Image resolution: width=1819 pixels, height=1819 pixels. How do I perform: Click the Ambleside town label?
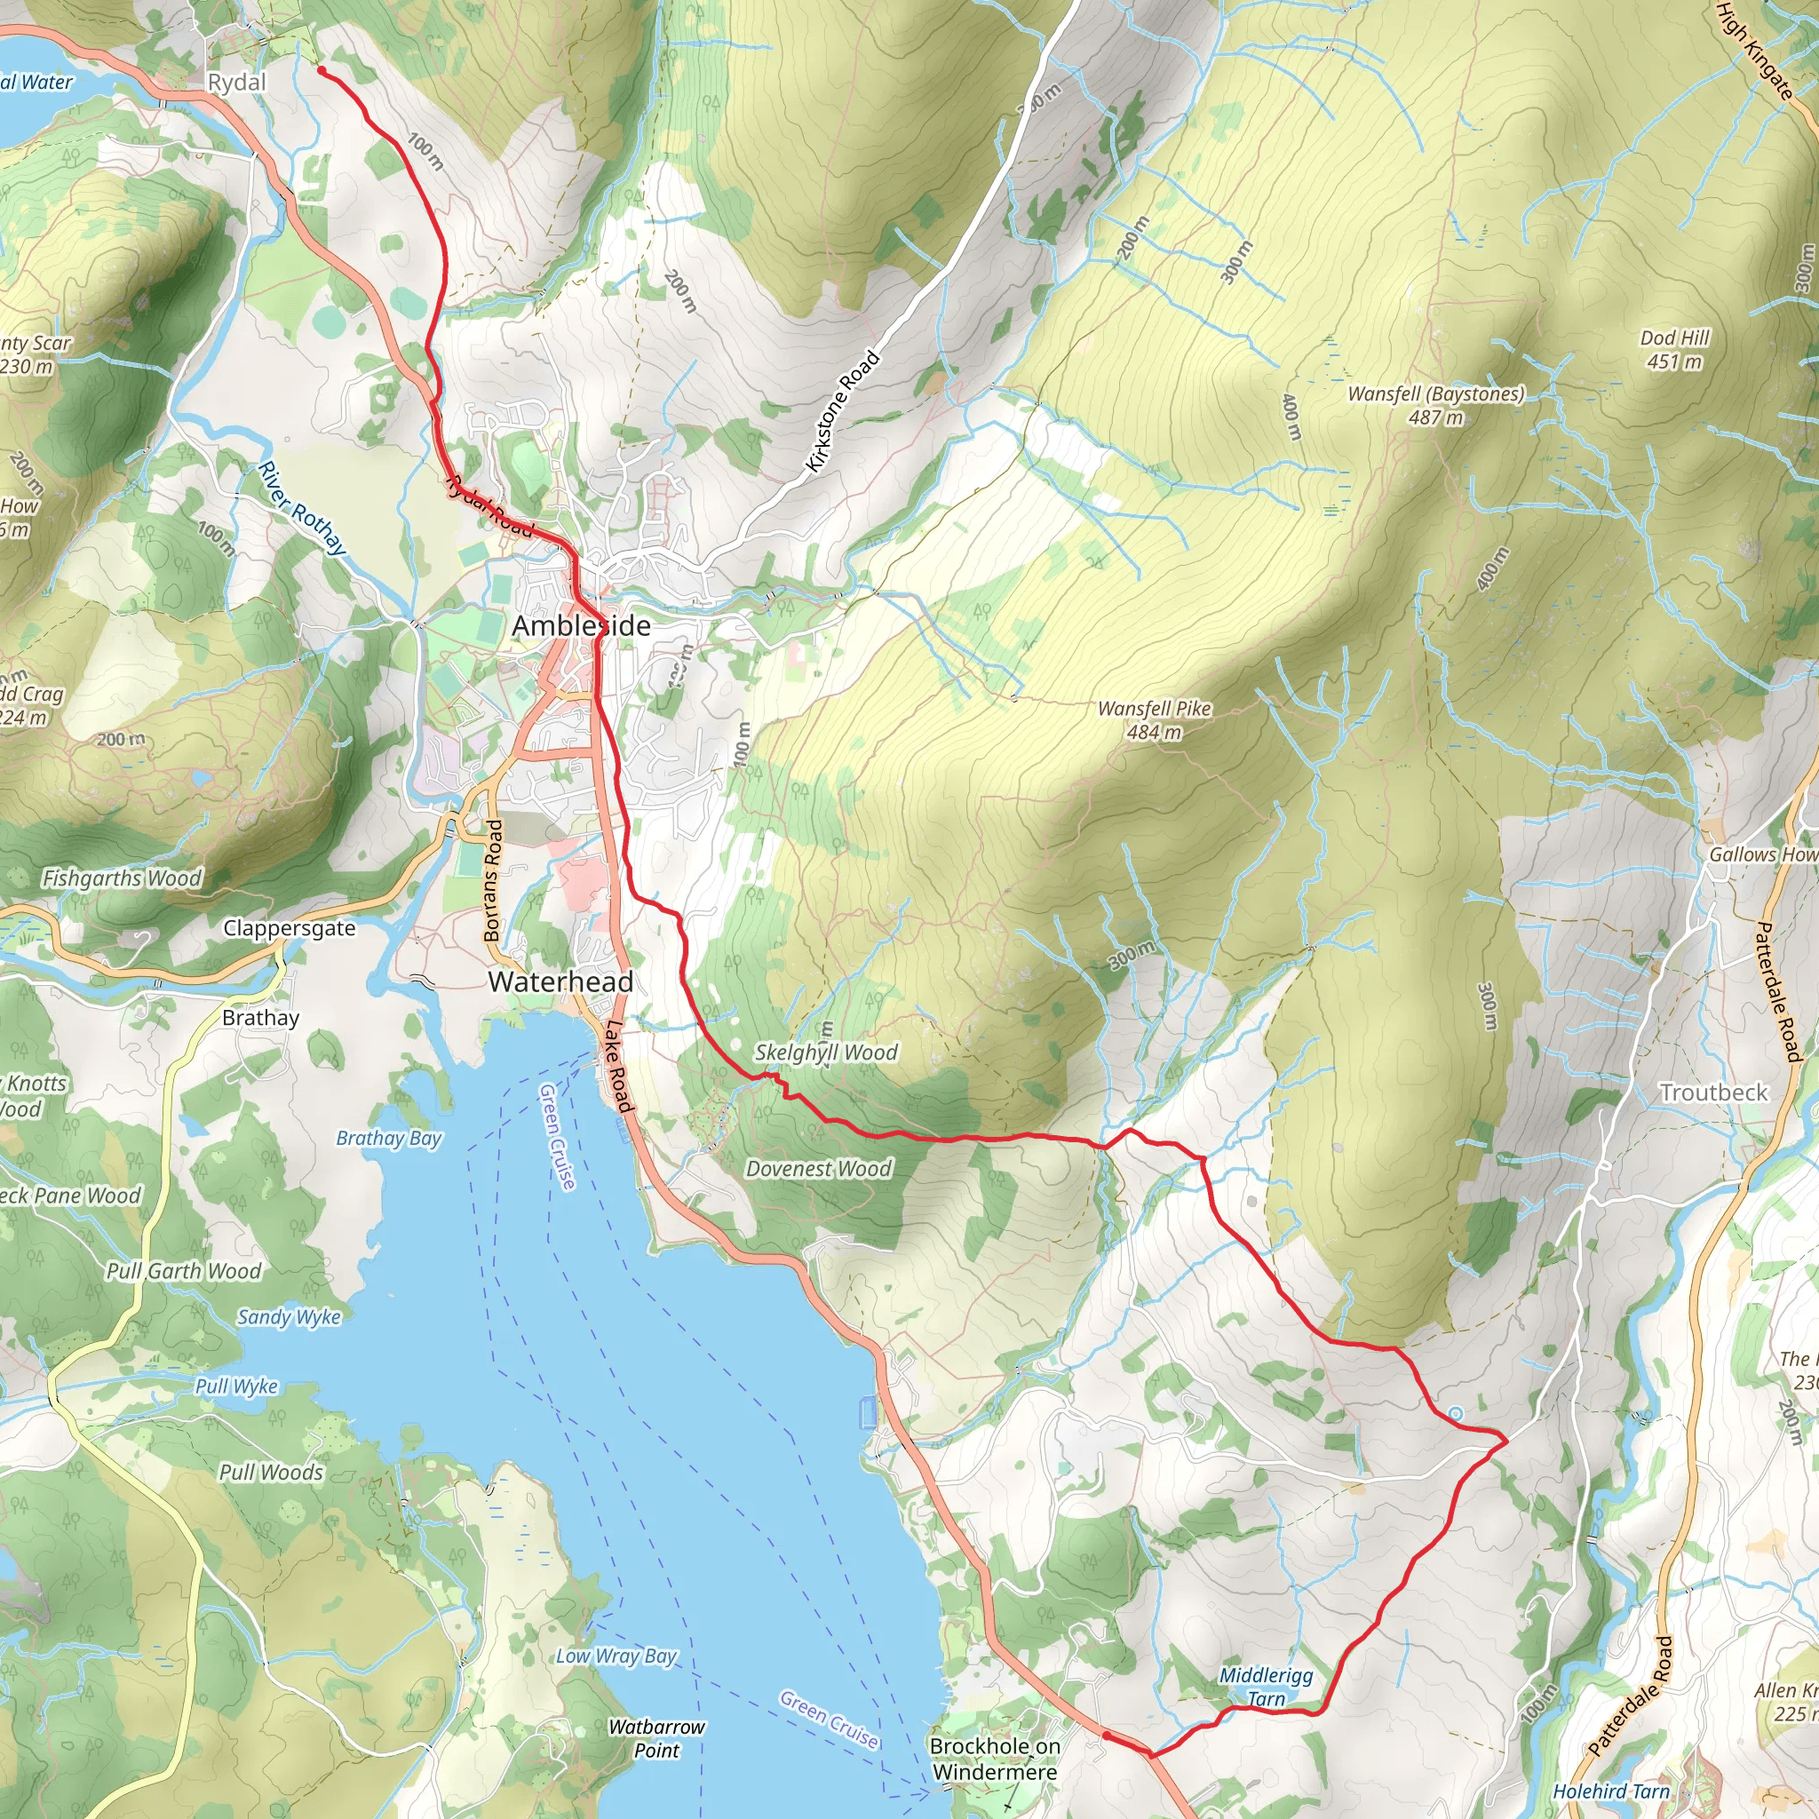[x=581, y=626]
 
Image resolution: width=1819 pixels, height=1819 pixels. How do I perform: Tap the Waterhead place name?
[x=560, y=982]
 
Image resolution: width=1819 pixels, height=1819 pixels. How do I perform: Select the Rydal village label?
[x=236, y=83]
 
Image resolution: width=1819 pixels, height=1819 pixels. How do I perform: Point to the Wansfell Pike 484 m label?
[x=1155, y=719]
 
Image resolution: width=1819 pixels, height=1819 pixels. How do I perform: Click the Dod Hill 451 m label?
[x=1674, y=349]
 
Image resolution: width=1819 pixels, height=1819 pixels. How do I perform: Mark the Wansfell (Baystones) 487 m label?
[x=1436, y=405]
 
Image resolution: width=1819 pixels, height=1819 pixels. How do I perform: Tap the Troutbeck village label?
[x=1713, y=1093]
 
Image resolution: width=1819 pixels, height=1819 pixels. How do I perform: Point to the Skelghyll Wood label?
[x=826, y=1052]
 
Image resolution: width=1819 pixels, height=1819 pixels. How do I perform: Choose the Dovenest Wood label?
[x=818, y=1170]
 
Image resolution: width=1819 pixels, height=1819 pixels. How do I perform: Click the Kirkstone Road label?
[x=843, y=411]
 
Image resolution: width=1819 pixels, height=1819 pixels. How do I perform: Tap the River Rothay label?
[x=302, y=508]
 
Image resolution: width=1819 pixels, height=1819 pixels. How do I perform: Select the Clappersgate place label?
[x=289, y=928]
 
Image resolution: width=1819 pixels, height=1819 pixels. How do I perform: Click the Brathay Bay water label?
[x=389, y=1139]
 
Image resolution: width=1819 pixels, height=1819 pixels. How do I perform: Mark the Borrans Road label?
[x=492, y=880]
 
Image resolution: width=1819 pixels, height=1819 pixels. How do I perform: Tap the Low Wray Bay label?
[x=616, y=1656]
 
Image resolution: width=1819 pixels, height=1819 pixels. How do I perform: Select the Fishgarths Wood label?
[x=123, y=878]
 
